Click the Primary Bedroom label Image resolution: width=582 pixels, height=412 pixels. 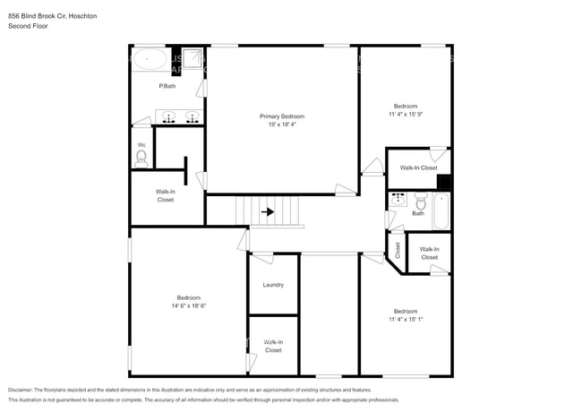[x=282, y=116]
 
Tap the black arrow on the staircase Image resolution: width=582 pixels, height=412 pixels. [x=268, y=212]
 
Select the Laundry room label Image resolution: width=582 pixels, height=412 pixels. [x=273, y=285]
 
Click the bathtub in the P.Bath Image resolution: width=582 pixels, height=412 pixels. [x=150, y=61]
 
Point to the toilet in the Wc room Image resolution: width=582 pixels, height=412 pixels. [x=141, y=157]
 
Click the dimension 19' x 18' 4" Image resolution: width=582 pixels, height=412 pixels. [x=282, y=124]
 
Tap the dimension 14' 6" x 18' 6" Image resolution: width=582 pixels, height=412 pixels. [x=188, y=305]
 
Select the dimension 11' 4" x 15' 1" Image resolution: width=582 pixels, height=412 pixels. [x=405, y=319]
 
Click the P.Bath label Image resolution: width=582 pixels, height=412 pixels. [x=167, y=86]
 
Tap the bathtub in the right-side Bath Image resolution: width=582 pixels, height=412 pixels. [x=441, y=211]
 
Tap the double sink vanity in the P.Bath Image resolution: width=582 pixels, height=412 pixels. [x=179, y=116]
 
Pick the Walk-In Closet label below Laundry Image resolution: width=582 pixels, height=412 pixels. [x=273, y=346]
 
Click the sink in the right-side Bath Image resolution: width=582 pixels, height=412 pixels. [x=398, y=198]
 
